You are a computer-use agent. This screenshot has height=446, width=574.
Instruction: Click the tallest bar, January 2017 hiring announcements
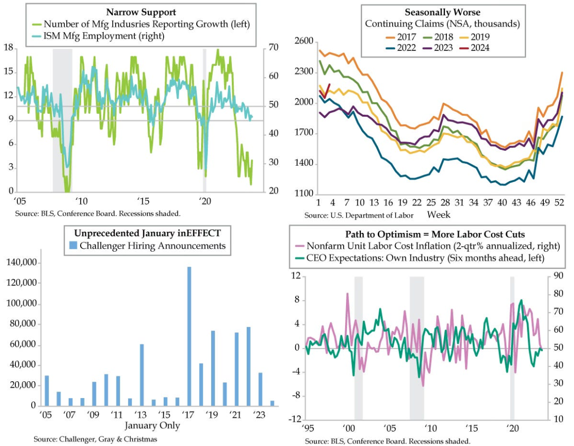coord(189,336)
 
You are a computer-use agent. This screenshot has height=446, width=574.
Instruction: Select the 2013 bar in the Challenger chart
coord(141,375)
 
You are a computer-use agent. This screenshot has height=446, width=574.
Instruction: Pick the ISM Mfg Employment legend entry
coord(97,36)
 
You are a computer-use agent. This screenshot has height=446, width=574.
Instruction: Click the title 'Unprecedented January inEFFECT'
coord(146,233)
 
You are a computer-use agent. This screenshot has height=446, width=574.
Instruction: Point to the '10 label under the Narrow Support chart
coord(81,202)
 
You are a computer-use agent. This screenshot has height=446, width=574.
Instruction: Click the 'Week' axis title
coord(439,215)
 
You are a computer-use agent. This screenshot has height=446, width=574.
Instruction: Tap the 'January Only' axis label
coord(152,425)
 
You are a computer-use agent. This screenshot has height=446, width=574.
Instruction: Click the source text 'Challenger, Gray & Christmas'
coord(95,439)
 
